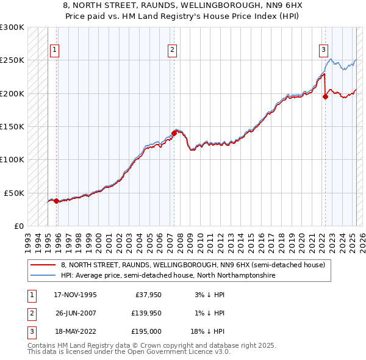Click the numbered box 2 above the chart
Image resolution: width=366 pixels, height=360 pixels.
coord(173,50)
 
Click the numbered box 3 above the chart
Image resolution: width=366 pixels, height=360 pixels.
coord(323,50)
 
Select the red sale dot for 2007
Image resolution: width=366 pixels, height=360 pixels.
coord(174,132)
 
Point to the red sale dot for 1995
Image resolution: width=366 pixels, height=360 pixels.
coord(56,200)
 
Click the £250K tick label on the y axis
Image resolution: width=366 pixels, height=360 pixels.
coord(12,60)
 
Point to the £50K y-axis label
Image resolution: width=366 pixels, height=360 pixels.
coord(14,193)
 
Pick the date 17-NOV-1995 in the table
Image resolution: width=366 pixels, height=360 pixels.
coord(75,295)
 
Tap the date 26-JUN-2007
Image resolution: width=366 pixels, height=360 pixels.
coord(75,313)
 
